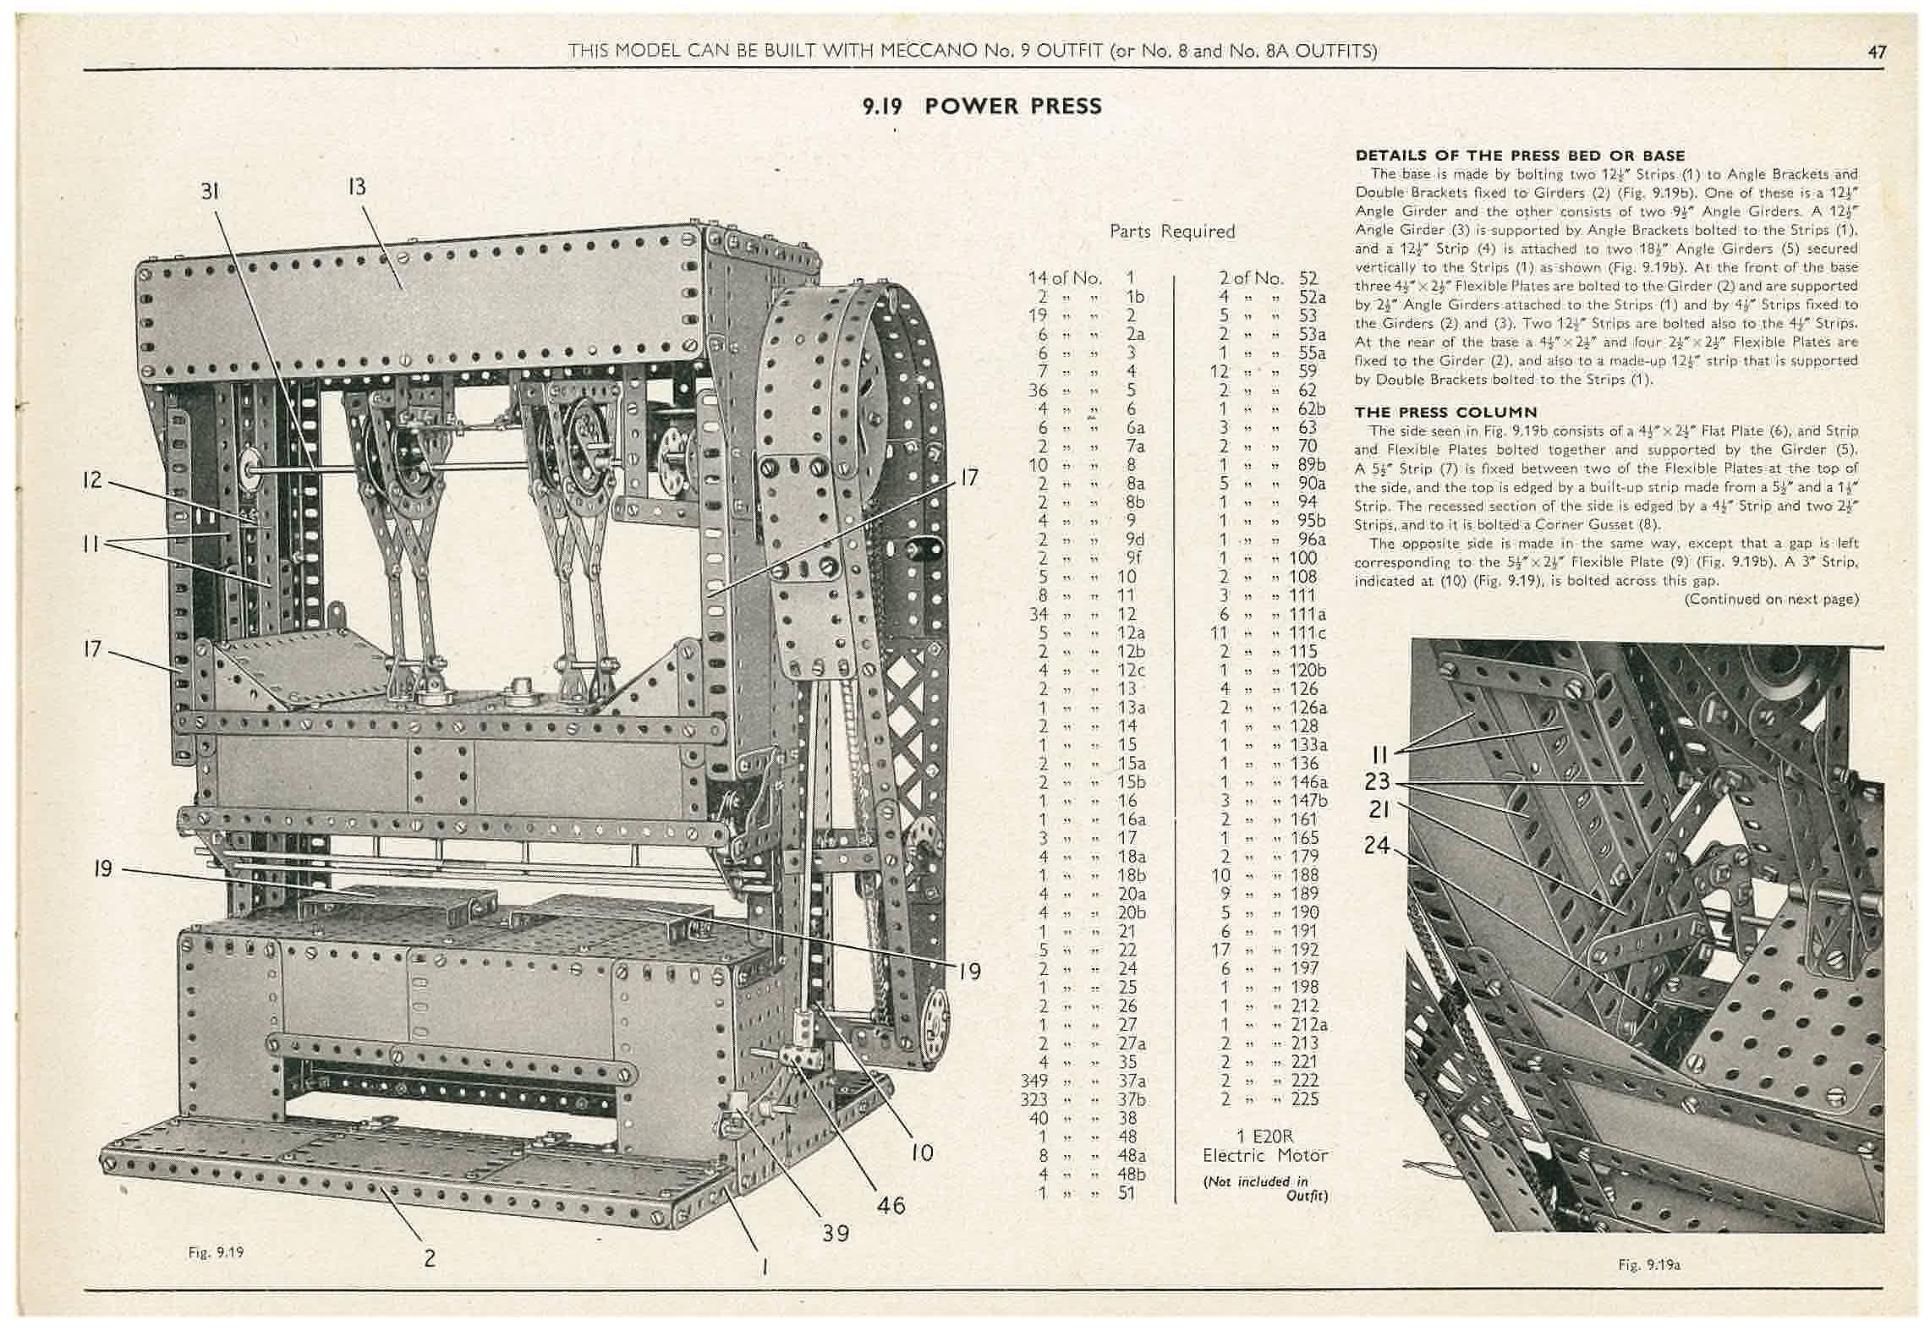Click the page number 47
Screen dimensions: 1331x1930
pyautogui.click(x=1877, y=52)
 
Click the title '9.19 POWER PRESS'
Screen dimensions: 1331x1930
pyautogui.click(x=982, y=107)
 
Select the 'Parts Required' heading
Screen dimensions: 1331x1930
pyautogui.click(x=1171, y=232)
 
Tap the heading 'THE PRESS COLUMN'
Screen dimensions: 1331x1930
pyautogui.click(x=1445, y=413)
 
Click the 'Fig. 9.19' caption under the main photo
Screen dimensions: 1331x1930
pyautogui.click(x=216, y=1252)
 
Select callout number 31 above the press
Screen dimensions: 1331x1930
pyautogui.click(x=210, y=192)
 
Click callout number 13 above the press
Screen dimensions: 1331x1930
pyautogui.click(x=357, y=187)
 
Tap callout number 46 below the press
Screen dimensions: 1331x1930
pyautogui.click(x=891, y=1205)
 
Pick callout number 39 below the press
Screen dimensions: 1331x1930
pyautogui.click(x=836, y=1234)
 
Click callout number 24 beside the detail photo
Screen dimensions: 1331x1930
pyautogui.click(x=1378, y=844)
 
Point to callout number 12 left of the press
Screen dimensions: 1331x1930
pyautogui.click(x=92, y=480)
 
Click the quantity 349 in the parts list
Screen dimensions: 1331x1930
pyautogui.click(x=1034, y=1081)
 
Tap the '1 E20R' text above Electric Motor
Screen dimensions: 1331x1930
pyautogui.click(x=1264, y=1137)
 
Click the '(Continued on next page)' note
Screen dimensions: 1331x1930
pyautogui.click(x=1771, y=600)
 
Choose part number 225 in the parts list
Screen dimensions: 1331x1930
pyautogui.click(x=1305, y=1099)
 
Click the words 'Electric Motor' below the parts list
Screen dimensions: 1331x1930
pyautogui.click(x=1264, y=1155)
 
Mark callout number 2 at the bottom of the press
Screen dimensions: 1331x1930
pyautogui.click(x=430, y=1257)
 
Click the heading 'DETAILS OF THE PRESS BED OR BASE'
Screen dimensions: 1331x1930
pyautogui.click(x=1520, y=156)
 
